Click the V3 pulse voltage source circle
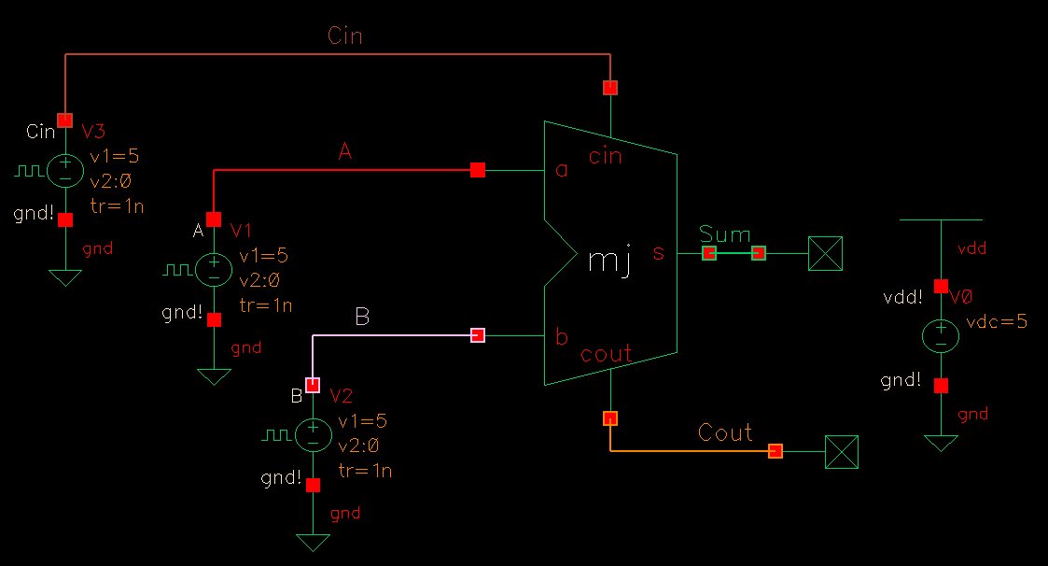(x=65, y=170)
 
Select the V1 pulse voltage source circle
(x=214, y=270)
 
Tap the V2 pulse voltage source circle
(x=313, y=434)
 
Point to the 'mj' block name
(x=610, y=262)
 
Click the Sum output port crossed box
(x=825, y=253)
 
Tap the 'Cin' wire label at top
(x=345, y=36)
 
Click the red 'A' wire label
(x=344, y=152)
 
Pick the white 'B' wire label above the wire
(x=363, y=318)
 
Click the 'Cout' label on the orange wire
(x=725, y=432)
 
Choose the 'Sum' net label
(x=724, y=233)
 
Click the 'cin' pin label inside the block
(x=606, y=156)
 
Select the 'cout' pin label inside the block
(x=607, y=354)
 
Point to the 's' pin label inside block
(x=659, y=252)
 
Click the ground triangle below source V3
(x=65, y=277)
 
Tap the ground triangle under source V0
(x=941, y=443)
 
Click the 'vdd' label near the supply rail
(x=971, y=249)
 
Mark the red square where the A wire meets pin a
(x=478, y=170)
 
